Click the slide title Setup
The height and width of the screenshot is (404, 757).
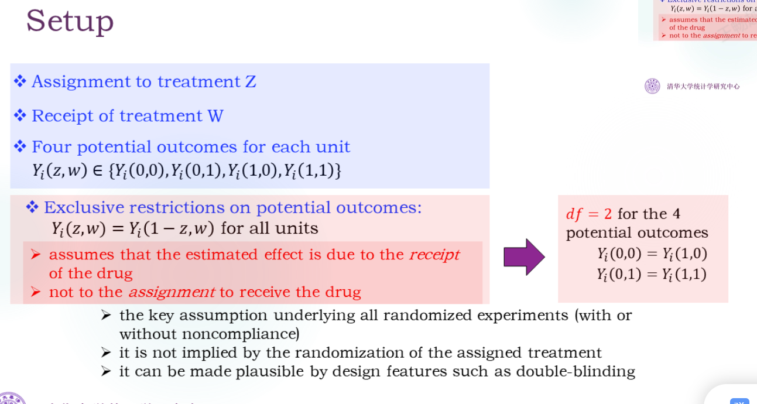click(x=70, y=21)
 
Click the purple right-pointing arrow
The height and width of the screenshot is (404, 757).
click(x=525, y=256)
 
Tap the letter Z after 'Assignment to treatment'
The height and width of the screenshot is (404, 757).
click(x=250, y=81)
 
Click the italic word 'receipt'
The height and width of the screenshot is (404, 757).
click(x=434, y=255)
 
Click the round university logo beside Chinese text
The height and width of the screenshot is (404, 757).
click(x=652, y=86)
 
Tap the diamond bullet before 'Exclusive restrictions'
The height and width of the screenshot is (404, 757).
click(x=33, y=207)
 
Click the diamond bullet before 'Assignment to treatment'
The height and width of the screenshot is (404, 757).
click(x=20, y=81)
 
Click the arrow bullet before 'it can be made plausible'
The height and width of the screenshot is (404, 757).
click(x=105, y=371)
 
